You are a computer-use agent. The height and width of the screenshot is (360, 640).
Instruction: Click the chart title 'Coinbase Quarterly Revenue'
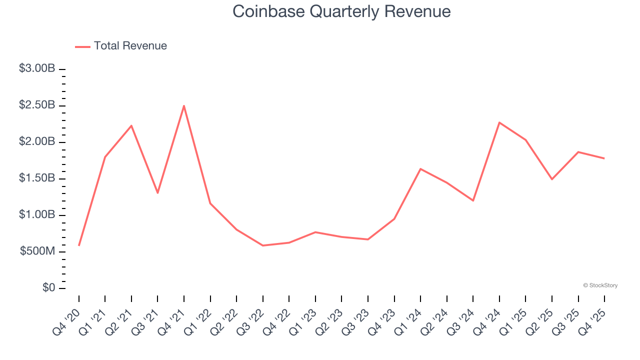(341, 11)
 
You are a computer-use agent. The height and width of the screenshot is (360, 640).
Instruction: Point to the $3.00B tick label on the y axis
(37, 69)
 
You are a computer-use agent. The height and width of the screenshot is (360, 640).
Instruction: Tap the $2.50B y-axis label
(37, 105)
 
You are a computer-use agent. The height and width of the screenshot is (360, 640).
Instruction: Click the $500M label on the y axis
(37, 251)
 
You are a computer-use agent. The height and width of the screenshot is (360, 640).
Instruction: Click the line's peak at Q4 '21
(184, 105)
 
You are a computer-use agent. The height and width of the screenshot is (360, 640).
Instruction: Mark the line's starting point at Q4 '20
(79, 245)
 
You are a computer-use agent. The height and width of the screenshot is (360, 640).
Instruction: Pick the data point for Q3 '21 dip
(157, 192)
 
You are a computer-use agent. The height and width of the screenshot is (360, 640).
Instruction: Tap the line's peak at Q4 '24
(499, 122)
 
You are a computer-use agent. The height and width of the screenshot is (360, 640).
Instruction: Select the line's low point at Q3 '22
(263, 245)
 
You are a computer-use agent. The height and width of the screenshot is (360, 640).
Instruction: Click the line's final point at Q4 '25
(604, 158)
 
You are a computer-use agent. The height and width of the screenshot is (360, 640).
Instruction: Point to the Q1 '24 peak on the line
(420, 169)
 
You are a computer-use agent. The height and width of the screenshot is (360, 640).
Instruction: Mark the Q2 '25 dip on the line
(552, 179)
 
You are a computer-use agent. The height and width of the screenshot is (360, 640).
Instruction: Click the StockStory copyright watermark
(600, 285)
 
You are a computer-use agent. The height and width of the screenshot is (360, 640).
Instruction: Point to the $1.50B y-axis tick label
(37, 178)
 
